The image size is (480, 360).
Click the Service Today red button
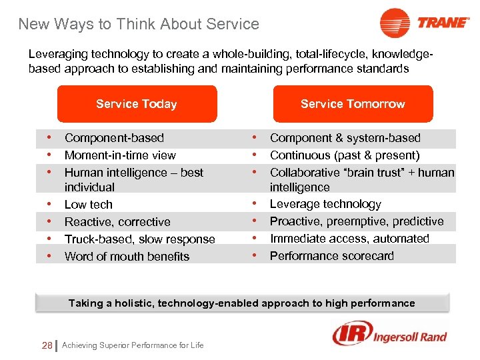(x=137, y=104)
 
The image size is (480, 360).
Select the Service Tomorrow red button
(x=353, y=104)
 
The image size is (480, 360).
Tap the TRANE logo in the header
(x=425, y=23)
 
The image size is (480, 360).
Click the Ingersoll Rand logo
(x=389, y=335)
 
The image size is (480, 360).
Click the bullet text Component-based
(x=114, y=138)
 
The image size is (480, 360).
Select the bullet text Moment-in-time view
(x=120, y=155)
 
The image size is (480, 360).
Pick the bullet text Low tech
(x=89, y=205)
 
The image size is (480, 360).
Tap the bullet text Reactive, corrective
(x=117, y=222)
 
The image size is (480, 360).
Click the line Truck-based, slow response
(x=140, y=239)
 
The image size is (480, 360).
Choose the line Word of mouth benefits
(x=127, y=257)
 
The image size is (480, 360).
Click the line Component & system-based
(x=345, y=138)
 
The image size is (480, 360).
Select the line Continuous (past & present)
(x=345, y=155)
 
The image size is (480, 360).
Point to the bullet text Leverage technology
(x=325, y=204)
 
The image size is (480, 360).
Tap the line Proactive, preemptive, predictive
(x=357, y=221)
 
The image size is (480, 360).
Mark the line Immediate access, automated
(x=349, y=239)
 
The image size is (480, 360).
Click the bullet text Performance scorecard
(x=332, y=256)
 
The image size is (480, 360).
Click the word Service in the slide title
(x=233, y=25)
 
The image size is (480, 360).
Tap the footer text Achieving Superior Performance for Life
(x=133, y=345)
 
